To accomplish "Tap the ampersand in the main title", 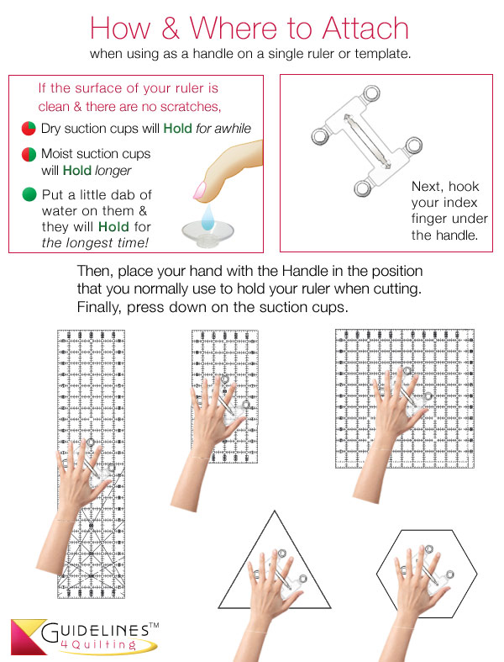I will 171,29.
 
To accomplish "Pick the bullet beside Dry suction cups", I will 29,129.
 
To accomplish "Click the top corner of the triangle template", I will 271,512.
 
